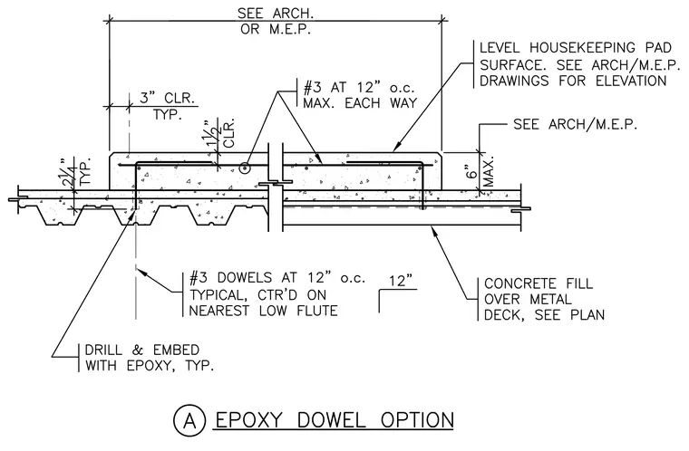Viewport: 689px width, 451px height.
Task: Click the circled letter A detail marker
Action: point(189,421)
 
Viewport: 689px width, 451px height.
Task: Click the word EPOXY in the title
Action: point(248,420)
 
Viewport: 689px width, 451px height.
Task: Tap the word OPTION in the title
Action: point(417,420)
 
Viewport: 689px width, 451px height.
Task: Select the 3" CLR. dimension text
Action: point(168,98)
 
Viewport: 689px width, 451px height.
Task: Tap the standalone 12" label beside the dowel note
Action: point(402,281)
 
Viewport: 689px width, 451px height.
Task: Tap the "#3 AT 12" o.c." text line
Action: point(359,88)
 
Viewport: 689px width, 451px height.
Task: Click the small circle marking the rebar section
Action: point(244,168)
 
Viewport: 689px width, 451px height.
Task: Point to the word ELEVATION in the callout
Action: point(631,81)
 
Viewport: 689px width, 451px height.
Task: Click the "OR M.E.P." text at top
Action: point(276,29)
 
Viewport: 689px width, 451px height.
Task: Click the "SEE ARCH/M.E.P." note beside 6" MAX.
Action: point(575,125)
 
